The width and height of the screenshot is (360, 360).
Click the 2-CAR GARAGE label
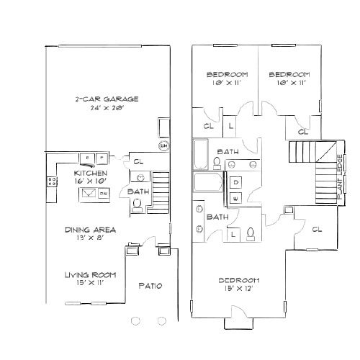(106, 99)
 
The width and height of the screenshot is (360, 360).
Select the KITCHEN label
(91, 174)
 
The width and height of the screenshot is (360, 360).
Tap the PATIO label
(150, 286)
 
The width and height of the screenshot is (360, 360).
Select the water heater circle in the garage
(163, 145)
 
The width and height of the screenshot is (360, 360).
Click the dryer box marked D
(236, 182)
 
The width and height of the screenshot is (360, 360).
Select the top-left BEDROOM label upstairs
(227, 75)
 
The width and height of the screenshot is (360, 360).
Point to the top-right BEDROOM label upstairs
(289, 75)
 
